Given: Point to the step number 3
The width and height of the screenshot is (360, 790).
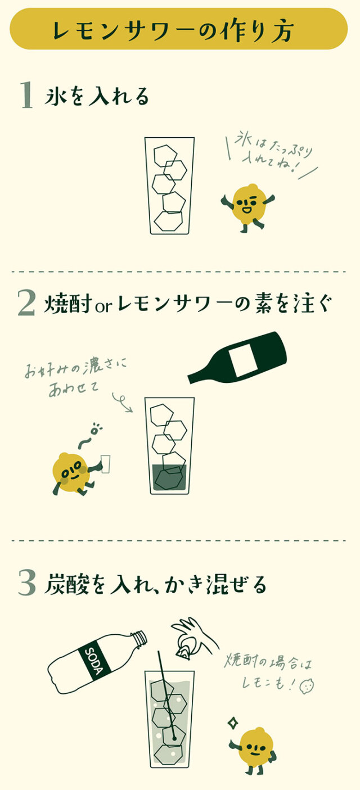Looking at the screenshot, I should point(26,583).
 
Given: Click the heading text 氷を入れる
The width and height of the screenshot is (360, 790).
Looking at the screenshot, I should point(97,96).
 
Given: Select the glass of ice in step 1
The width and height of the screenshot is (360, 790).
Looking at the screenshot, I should point(169,186).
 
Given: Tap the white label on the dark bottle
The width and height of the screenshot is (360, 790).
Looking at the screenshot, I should point(244,359).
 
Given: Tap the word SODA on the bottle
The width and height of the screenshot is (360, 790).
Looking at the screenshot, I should point(92,657).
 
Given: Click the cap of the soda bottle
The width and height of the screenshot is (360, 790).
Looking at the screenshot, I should point(139,639).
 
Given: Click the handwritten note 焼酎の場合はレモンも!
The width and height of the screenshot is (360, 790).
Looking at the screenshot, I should point(270,672).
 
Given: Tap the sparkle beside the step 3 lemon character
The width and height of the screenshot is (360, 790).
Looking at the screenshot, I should point(231,722).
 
